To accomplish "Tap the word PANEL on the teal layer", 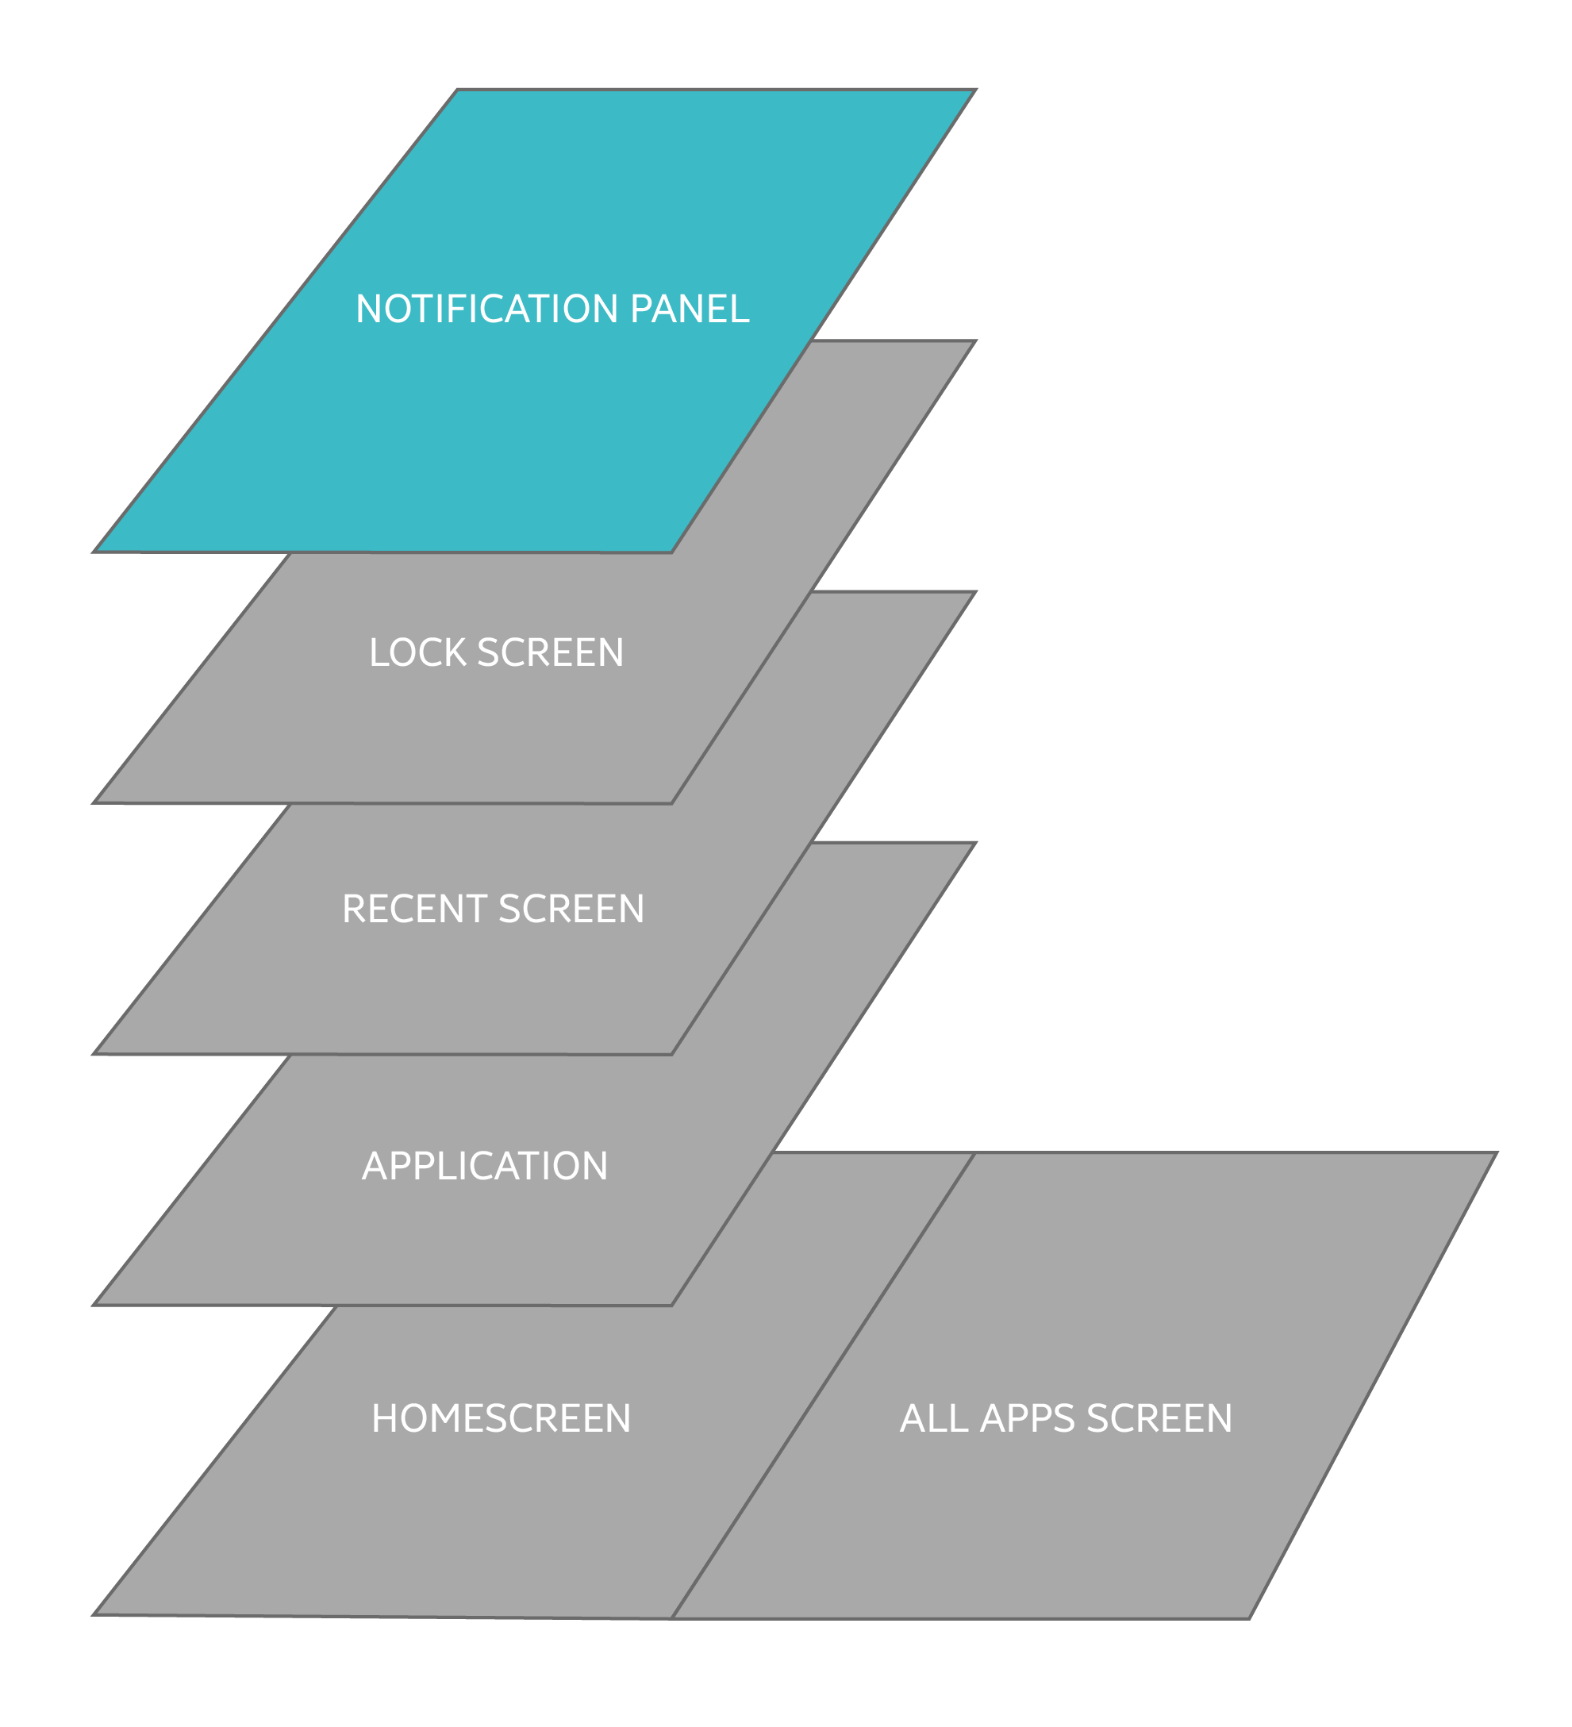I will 690,310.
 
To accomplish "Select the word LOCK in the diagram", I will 418,652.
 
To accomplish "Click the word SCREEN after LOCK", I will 550,652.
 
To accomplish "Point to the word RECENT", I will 413,909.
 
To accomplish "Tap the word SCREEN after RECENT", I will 571,909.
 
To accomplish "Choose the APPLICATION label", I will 485,1166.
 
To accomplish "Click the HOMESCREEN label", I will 502,1417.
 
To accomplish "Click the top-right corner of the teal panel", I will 976,90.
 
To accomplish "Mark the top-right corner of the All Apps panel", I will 1497,1153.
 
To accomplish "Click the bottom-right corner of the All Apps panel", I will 1250,1618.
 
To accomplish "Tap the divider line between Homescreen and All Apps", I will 822,1386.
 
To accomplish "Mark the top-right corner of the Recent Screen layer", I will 976,592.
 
